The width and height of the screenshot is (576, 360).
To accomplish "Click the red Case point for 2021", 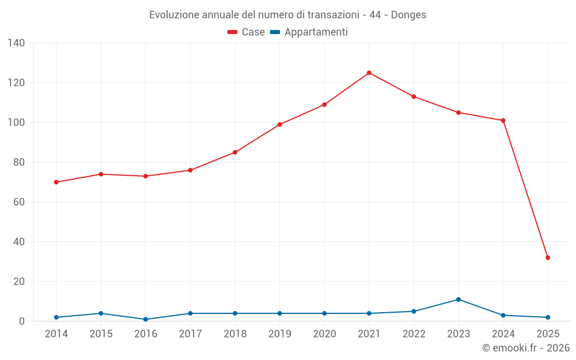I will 369,73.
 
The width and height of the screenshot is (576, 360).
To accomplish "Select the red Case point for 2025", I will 548,257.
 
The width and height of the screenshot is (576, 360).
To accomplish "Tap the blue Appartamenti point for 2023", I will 458,300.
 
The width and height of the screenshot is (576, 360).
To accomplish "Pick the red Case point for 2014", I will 56,182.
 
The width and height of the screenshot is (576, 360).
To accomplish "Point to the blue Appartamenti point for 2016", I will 146,319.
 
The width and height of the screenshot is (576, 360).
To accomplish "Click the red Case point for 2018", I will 235,152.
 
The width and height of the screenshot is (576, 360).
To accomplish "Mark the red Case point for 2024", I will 503,120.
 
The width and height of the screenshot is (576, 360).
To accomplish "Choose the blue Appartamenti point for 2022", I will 414,311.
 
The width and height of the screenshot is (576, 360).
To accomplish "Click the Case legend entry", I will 246,32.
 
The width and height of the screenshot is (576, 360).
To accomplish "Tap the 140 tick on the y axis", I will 16,43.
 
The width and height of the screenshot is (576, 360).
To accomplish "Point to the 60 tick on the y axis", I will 18,202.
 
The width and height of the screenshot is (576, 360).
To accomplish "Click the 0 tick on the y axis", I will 21,321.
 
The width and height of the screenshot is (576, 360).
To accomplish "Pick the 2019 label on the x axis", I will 280,334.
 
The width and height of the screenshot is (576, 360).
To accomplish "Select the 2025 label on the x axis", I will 548,334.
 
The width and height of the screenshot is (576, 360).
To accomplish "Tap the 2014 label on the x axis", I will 56,334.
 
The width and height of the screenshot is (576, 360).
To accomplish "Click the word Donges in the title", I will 408,15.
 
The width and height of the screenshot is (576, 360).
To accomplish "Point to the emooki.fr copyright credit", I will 525,348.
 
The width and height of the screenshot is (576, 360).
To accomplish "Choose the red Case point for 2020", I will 324,104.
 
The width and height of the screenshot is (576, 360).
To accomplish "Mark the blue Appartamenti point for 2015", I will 101,313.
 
